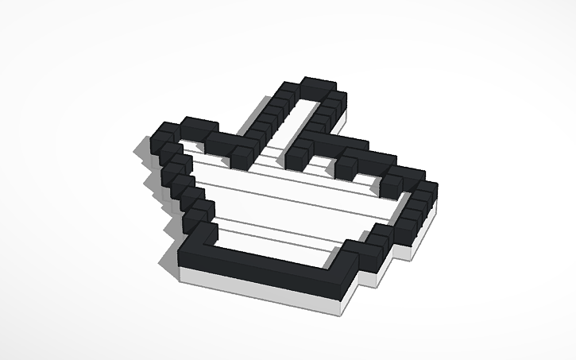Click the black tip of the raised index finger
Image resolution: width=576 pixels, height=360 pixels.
[x=318, y=85]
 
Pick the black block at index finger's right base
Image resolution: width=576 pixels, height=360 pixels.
[x=299, y=154]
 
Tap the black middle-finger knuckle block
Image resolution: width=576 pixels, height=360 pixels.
[x=346, y=167]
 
